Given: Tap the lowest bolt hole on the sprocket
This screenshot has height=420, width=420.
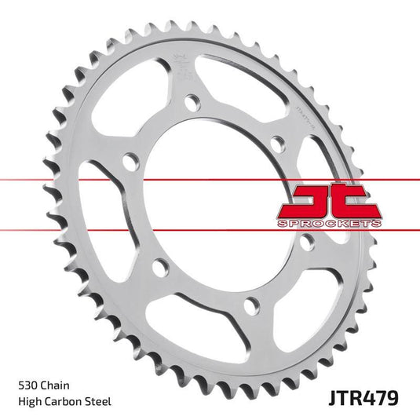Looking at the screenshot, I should (250, 306).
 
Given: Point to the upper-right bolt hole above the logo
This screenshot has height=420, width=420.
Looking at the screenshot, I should (275, 142).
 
